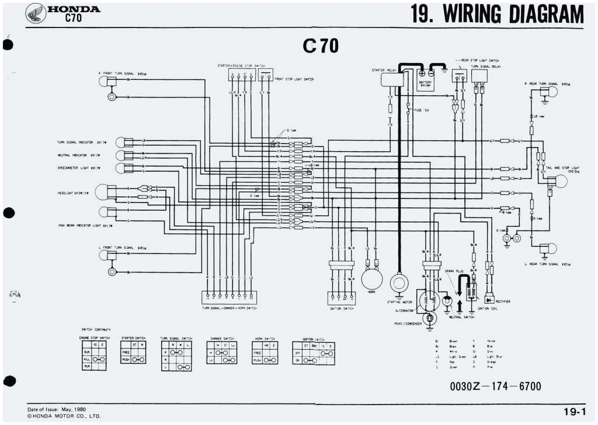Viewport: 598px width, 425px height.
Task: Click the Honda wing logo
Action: coord(37,12)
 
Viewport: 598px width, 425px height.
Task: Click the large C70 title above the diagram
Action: coord(320,46)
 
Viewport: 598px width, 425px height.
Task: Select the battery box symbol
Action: coord(426,78)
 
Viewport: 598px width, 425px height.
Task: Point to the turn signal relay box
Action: coord(479,75)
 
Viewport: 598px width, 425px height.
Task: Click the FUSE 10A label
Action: coord(421,110)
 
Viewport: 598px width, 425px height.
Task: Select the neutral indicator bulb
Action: coord(120,155)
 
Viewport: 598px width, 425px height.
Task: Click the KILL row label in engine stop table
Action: coord(86,359)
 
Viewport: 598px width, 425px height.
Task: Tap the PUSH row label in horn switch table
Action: coord(257,360)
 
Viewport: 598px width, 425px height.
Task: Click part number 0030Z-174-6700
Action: coord(495,386)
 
